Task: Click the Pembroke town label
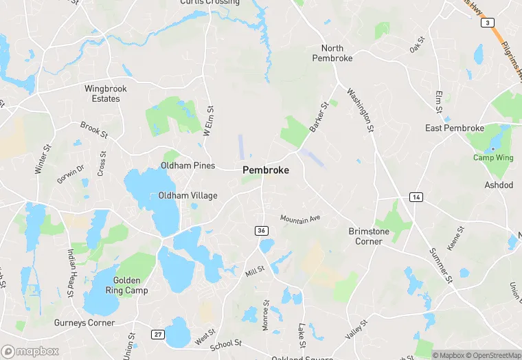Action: pyautogui.click(x=265, y=170)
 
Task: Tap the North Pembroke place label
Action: pyautogui.click(x=337, y=53)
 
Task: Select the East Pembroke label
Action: pyautogui.click(x=454, y=128)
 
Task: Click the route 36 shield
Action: pyautogui.click(x=261, y=230)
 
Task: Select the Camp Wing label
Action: pyautogui.click(x=493, y=157)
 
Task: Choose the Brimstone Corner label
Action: pyautogui.click(x=369, y=236)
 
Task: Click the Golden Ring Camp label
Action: pyautogui.click(x=124, y=285)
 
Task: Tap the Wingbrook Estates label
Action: pyautogui.click(x=102, y=93)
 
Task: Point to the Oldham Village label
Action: pyautogui.click(x=188, y=196)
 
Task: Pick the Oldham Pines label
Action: pyautogui.click(x=188, y=166)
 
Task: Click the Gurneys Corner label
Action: pyautogui.click(x=84, y=322)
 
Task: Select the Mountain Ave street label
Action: pyautogui.click(x=300, y=218)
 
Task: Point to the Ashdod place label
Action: pyautogui.click(x=498, y=185)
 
